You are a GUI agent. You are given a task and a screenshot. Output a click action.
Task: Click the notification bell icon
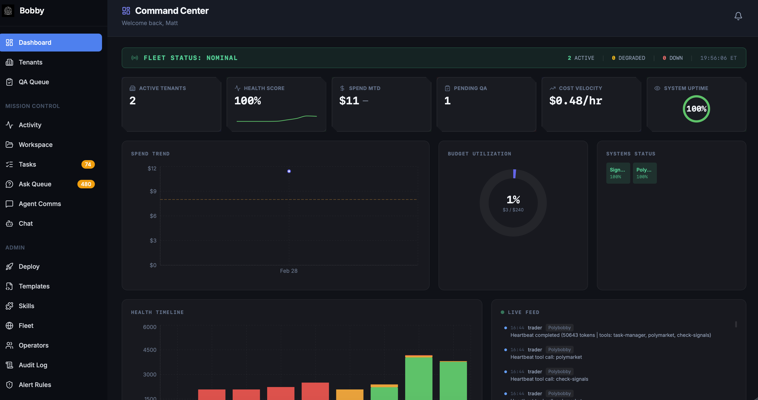[738, 16]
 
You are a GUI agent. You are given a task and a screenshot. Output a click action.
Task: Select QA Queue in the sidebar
[34, 82]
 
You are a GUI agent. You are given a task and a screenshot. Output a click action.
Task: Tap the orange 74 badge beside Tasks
[88, 164]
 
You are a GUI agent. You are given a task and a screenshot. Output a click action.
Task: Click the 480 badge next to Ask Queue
[86, 184]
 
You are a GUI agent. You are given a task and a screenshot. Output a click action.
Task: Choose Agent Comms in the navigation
[40, 204]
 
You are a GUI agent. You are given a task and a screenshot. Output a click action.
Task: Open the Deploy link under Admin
[29, 267]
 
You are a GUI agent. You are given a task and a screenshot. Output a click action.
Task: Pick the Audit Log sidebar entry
[33, 365]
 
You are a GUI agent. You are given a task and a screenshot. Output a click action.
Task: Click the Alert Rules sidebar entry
[35, 385]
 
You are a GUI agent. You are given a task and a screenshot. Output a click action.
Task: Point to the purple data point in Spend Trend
[289, 171]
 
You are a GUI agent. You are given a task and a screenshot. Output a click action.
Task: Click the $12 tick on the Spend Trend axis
[152, 168]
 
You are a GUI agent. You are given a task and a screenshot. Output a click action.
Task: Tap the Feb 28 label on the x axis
[288, 271]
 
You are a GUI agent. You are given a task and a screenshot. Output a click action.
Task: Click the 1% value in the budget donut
[513, 200]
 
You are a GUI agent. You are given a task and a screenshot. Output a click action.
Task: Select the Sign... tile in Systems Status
[618, 173]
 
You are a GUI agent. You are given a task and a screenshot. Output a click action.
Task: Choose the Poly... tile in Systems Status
[644, 173]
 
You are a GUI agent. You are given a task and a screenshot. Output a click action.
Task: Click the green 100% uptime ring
[696, 109]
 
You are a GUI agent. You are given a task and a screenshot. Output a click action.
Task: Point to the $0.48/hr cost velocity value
[576, 101]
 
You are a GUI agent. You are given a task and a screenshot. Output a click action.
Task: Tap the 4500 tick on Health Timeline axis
[149, 350]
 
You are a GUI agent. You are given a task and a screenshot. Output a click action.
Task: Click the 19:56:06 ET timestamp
[718, 58]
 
